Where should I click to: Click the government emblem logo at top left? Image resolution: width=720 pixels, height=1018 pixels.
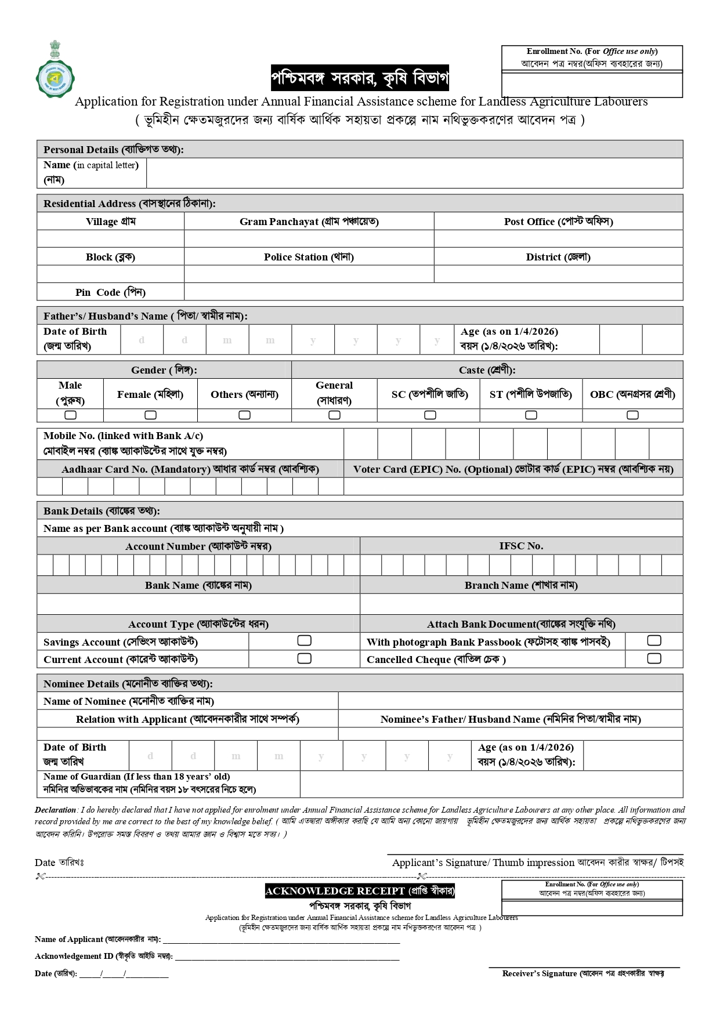55,70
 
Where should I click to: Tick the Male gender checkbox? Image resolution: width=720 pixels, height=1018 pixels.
70,415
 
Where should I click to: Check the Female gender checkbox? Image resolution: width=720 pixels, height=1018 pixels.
150,415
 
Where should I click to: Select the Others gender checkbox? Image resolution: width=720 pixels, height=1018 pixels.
244,415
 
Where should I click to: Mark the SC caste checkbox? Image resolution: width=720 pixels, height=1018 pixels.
430,415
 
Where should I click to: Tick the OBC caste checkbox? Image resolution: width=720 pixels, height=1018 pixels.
632,415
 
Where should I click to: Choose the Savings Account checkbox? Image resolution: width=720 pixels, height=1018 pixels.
304,640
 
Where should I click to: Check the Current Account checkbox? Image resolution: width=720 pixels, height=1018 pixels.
304,658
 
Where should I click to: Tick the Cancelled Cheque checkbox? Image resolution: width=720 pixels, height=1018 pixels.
654,658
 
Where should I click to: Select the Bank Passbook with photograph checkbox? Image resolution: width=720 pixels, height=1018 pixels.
654,640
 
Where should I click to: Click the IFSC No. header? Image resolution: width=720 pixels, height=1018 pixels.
521,546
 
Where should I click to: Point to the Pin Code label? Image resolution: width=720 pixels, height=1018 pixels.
110,292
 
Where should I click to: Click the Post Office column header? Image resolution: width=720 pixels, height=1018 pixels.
558,222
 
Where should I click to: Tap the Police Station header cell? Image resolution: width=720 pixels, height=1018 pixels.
309,257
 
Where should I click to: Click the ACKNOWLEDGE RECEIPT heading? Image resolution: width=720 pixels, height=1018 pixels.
360,891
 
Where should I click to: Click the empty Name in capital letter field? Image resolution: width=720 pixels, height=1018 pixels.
414,173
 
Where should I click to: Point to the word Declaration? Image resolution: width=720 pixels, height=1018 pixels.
55,810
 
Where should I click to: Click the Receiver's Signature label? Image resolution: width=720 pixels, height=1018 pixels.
583,973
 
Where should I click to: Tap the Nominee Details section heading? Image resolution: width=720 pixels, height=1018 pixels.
128,684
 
